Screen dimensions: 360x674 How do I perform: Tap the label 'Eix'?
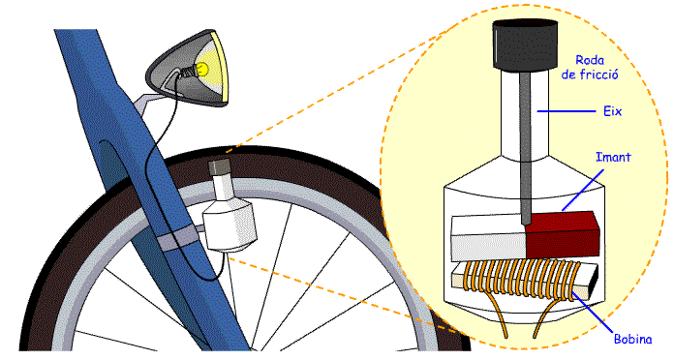click(611, 111)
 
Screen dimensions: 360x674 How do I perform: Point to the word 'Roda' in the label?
click(591, 58)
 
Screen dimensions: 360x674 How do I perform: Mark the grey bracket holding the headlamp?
click(147, 101)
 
